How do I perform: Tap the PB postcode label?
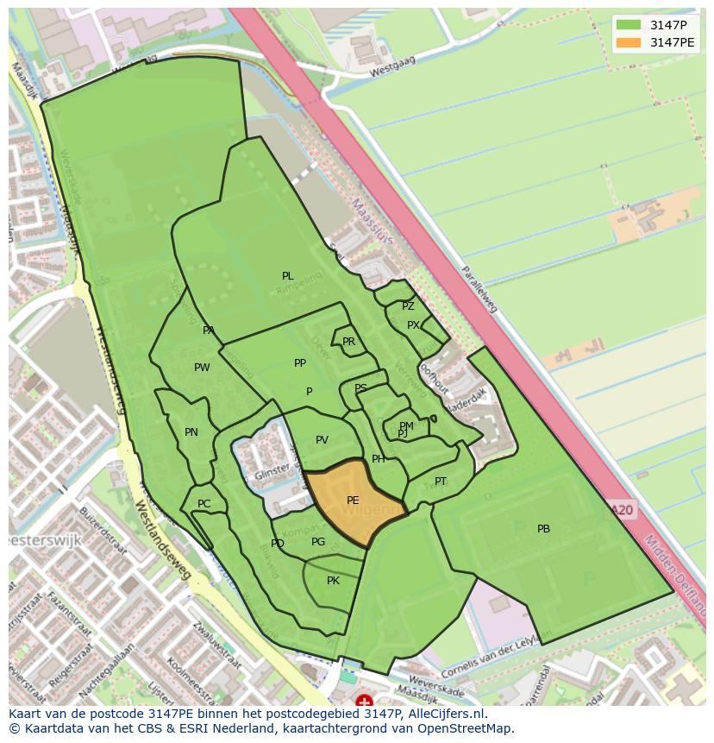point(543,529)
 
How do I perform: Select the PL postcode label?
point(287,276)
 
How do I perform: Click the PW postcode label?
point(202,368)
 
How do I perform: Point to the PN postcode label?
point(191,432)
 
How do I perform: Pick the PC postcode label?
point(204,504)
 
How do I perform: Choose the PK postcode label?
point(333,581)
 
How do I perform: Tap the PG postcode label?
point(318,542)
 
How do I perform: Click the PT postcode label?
point(441,482)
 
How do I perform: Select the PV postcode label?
point(322,440)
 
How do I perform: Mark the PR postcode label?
point(348,342)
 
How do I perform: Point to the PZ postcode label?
point(408,306)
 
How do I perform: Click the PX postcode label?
point(413,325)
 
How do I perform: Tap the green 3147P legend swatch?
point(629,24)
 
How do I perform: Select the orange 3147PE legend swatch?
point(629,42)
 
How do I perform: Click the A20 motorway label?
point(621,511)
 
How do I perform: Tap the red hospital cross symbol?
point(365,702)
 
